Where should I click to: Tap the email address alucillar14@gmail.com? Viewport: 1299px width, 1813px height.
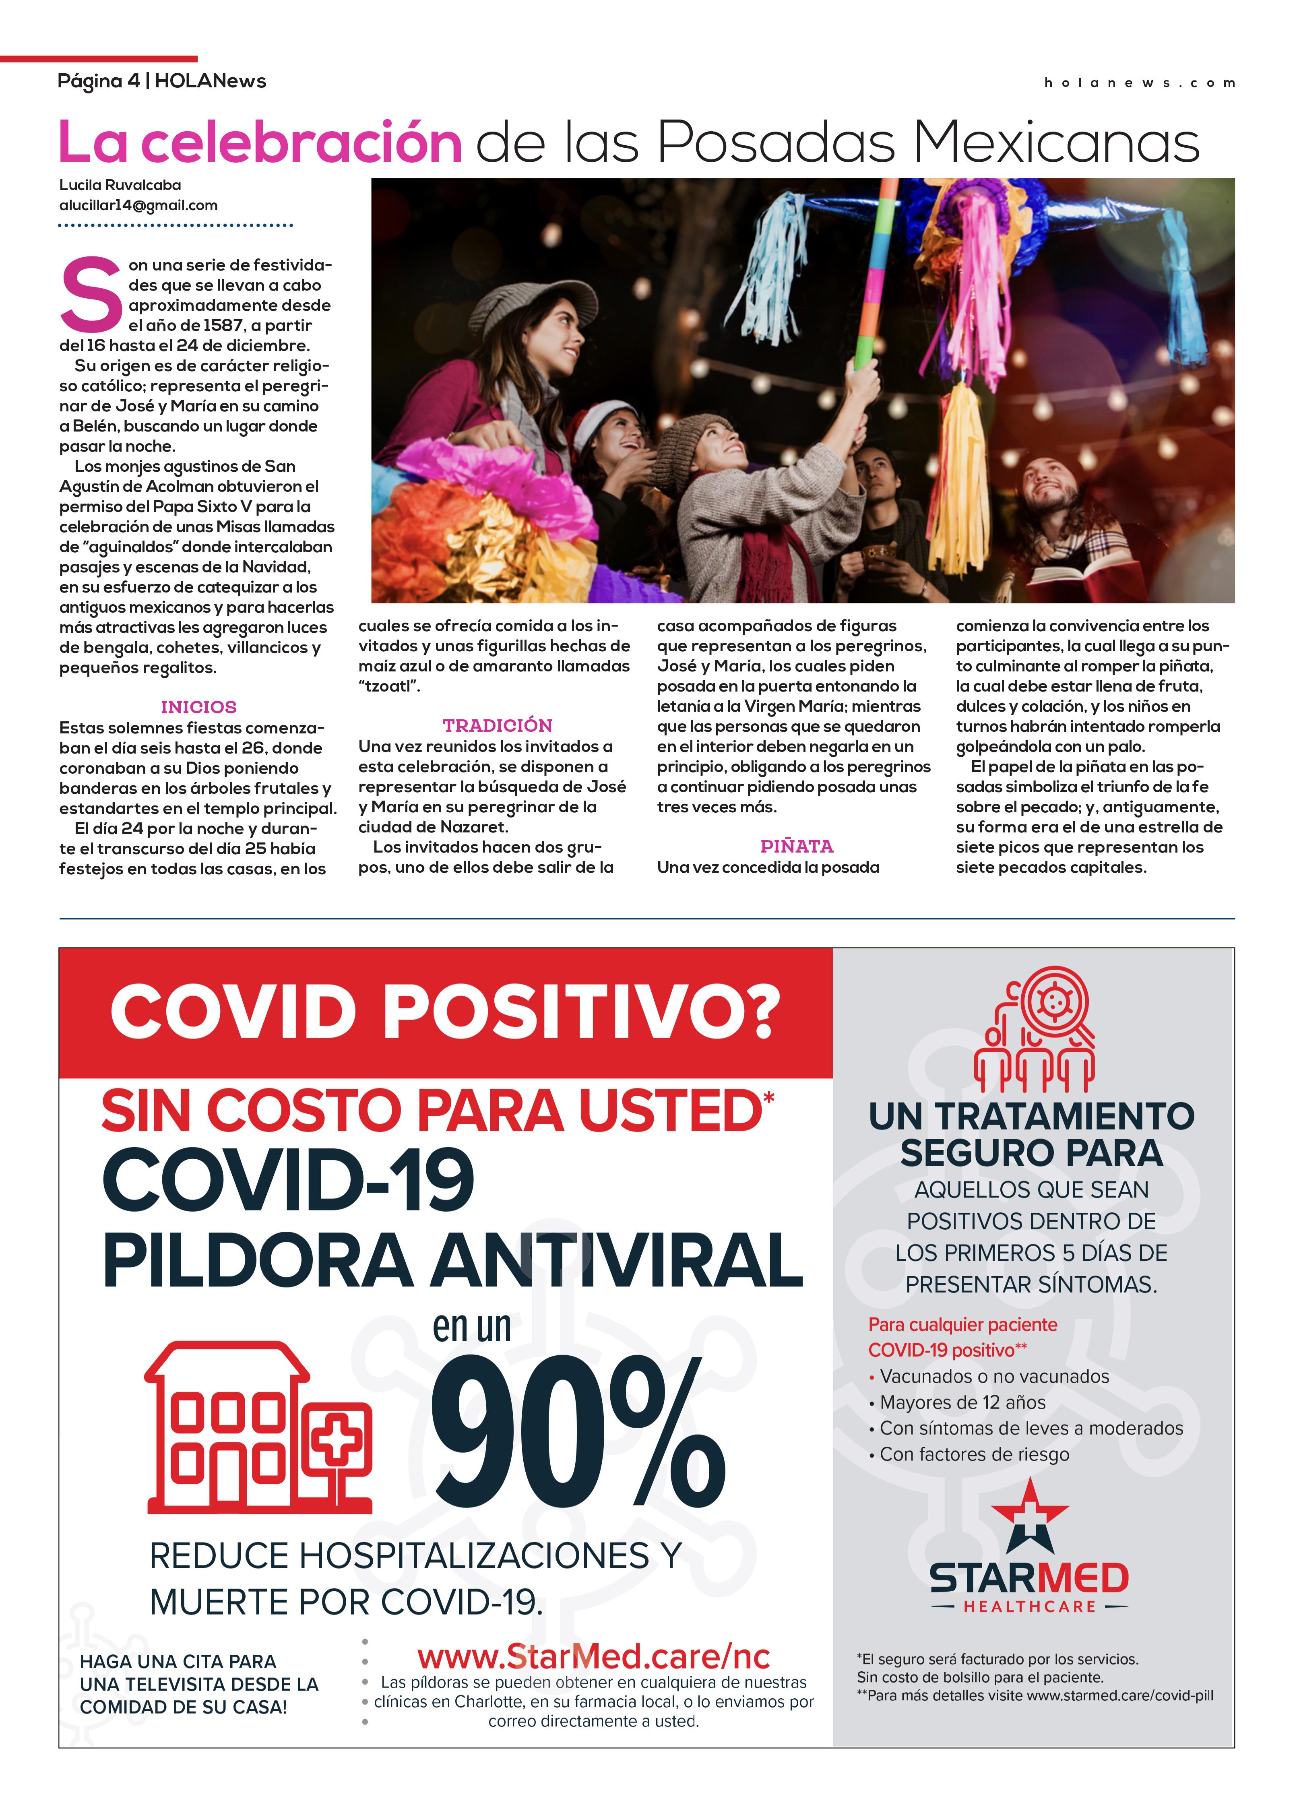pyautogui.click(x=138, y=205)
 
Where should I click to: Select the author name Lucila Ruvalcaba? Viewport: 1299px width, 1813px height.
pyautogui.click(x=120, y=185)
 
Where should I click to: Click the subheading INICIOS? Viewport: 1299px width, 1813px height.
pyautogui.click(x=198, y=707)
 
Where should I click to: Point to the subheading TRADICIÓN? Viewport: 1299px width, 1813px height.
pyautogui.click(x=497, y=725)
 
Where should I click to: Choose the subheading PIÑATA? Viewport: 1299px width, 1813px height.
pyautogui.click(x=796, y=846)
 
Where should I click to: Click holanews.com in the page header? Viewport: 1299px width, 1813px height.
pyautogui.click(x=1139, y=83)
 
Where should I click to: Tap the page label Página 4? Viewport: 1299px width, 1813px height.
pyautogui.click(x=97, y=81)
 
